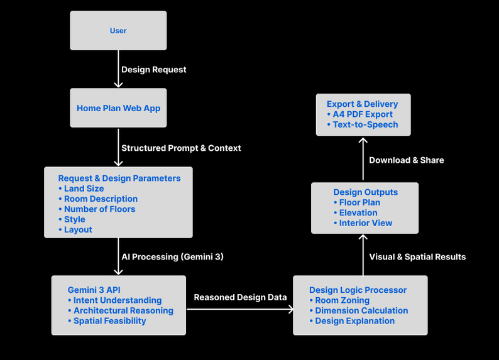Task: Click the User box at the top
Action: (118, 31)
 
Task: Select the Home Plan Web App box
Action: (118, 108)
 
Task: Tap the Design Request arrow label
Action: (153, 70)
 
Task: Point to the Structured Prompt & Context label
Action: (181, 148)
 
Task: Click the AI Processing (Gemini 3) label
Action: (172, 257)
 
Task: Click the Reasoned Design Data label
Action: (240, 297)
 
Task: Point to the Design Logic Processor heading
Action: (358, 290)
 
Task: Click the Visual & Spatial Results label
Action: (417, 257)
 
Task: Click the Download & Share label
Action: (406, 160)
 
